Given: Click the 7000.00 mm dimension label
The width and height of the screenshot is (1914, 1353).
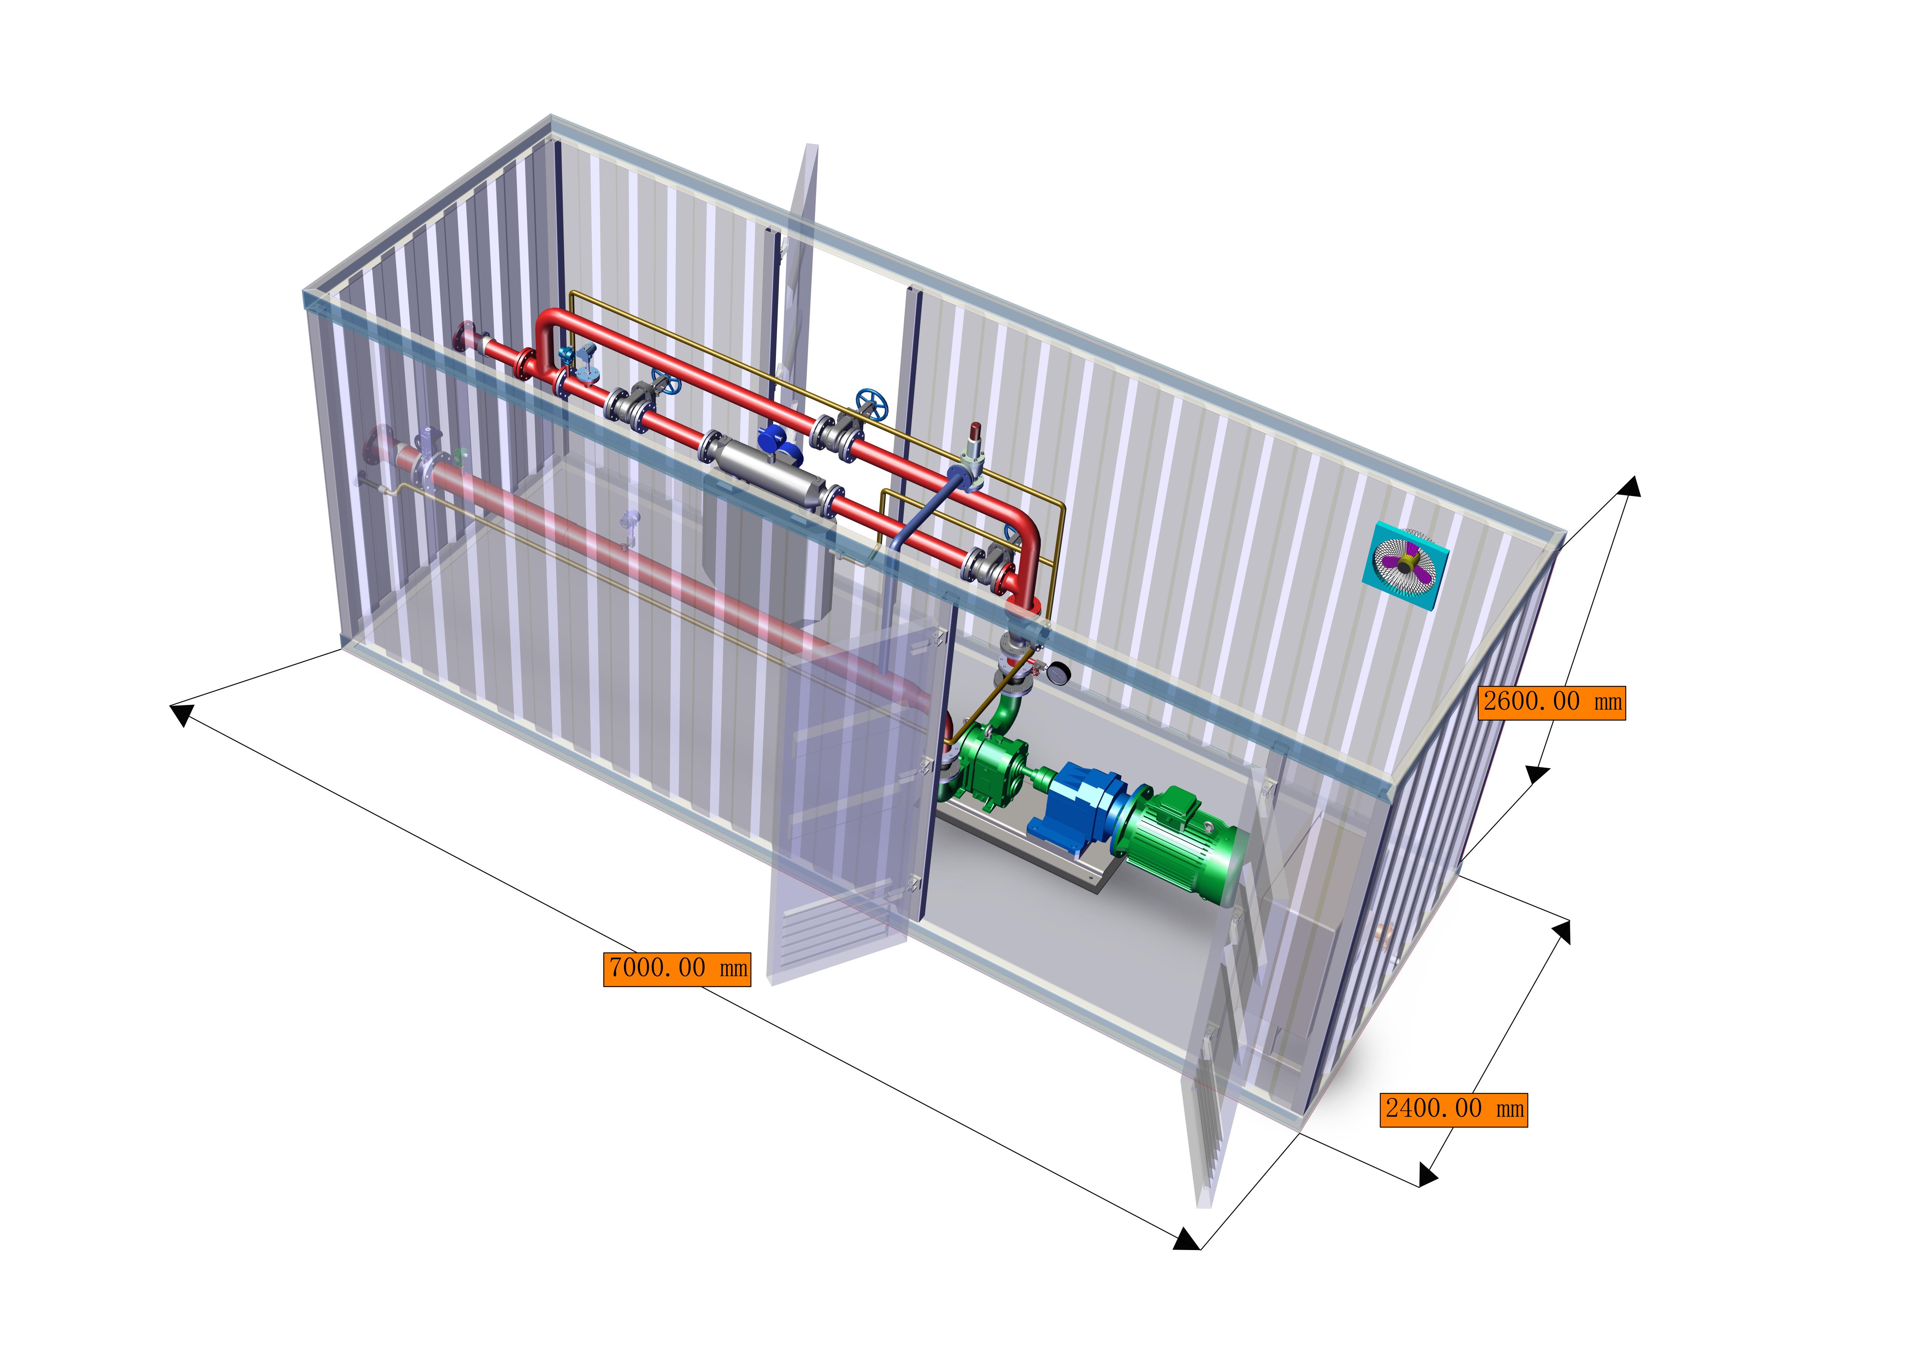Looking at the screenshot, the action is click(x=677, y=969).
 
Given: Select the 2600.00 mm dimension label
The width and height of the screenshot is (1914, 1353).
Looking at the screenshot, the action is click(x=1552, y=702).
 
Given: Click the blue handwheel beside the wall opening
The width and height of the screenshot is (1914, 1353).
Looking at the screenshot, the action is click(x=872, y=400).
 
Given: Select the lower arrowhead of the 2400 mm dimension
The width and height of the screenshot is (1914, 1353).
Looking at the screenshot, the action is click(x=1427, y=1175).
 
